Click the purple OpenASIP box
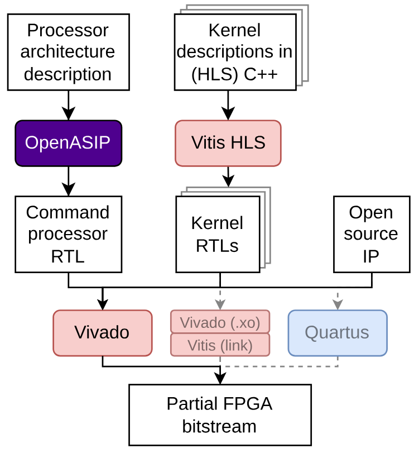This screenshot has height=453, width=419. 68,143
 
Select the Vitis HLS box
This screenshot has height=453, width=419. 228,143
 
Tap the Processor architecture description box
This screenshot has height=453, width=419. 68,52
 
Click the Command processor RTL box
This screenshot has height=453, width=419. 68,234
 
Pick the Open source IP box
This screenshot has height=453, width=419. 371,234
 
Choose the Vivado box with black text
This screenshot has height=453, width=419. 102,333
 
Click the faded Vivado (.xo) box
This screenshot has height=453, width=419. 220,322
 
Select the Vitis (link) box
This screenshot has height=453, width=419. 220,345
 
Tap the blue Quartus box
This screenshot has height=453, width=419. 337,333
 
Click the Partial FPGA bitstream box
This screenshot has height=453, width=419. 219,415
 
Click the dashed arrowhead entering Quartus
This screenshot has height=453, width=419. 337,304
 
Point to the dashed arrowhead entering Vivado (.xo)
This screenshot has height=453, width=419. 220,304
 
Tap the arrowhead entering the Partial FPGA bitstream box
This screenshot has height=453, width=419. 220,379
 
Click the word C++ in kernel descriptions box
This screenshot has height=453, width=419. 262,73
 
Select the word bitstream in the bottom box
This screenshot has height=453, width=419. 219,426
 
